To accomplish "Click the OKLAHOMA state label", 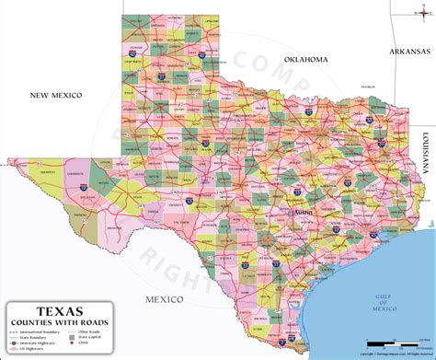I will pos(305,59).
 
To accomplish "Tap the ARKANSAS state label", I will pos(410,53).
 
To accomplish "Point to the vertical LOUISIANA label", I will pos(427,153).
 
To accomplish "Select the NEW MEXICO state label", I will pos(56,95).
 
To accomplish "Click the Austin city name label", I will pos(303,212).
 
